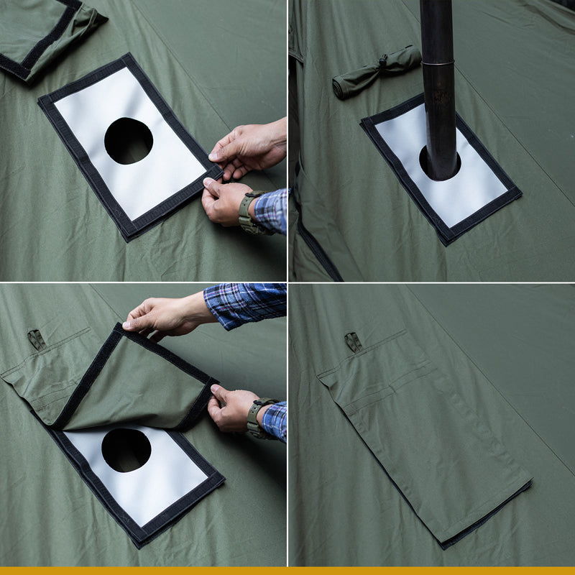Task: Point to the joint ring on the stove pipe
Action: click(x=438, y=63)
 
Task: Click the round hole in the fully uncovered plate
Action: click(x=129, y=141)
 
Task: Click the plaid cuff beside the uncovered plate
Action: click(x=272, y=210)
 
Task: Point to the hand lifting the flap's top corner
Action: click(x=162, y=315)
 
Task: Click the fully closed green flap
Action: click(x=424, y=431)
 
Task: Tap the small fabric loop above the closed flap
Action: click(x=352, y=341)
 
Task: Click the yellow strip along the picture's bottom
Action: click(x=287, y=571)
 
